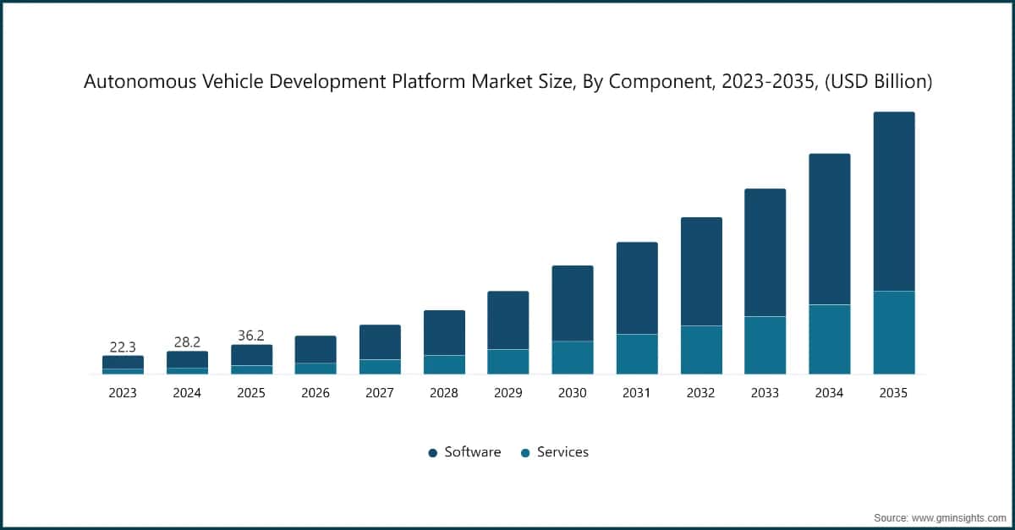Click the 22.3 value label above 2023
pos(123,347)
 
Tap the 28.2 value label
pos(187,341)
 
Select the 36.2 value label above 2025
pos(251,336)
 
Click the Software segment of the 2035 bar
pos(894,201)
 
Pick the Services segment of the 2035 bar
pos(894,332)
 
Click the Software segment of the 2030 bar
pos(573,303)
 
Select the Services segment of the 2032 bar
pos(701,350)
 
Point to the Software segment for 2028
pos(444,333)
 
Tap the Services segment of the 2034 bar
pos(830,339)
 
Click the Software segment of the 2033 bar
pos(765,253)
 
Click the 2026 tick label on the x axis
pos(315,393)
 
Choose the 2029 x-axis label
pos(508,393)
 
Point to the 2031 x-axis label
pos(637,393)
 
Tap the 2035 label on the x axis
pos(894,393)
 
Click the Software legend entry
pos(465,452)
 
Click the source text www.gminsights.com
pos(960,516)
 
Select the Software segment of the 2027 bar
pos(380,342)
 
